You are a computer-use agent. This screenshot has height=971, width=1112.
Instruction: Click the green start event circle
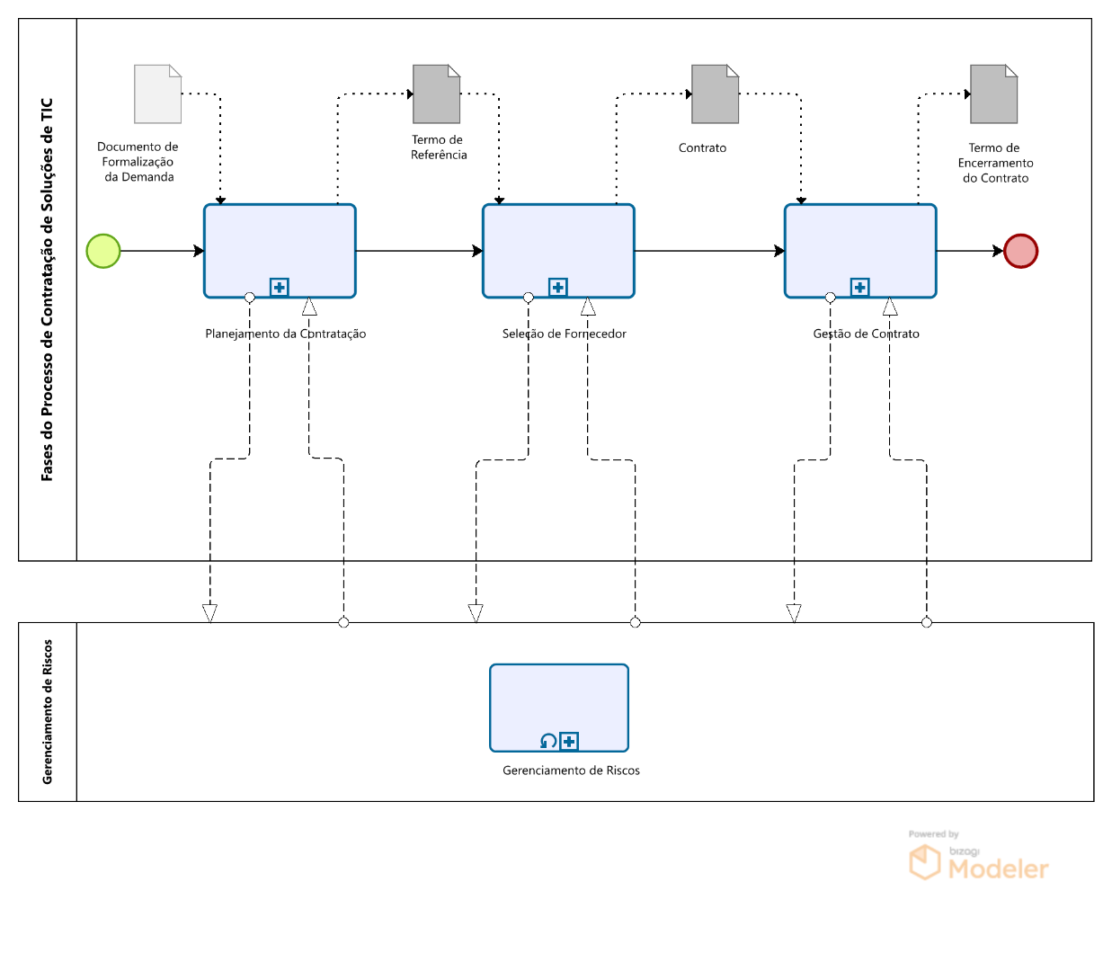click(103, 251)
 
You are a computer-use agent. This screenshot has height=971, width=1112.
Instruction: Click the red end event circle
click(1020, 251)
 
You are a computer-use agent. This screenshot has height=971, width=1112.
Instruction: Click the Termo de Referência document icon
click(436, 94)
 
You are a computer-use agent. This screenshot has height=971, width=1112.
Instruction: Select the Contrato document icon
click(715, 94)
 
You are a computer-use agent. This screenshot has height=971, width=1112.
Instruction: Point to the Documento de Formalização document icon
click(157, 94)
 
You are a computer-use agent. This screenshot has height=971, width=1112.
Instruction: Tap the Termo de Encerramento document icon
click(993, 94)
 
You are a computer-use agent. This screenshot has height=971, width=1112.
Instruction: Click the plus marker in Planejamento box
click(280, 288)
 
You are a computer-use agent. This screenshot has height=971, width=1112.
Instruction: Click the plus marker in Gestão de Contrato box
click(860, 288)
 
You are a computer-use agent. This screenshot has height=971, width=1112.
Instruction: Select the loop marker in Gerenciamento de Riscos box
click(547, 742)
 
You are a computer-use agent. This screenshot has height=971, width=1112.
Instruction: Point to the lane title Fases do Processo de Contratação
click(48, 290)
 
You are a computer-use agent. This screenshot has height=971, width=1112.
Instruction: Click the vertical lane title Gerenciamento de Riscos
click(48, 711)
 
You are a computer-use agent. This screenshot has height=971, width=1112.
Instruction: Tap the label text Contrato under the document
click(702, 148)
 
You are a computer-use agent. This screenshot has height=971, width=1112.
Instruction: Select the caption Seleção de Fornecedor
click(564, 334)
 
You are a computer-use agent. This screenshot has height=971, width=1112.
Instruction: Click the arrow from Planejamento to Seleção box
click(419, 251)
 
